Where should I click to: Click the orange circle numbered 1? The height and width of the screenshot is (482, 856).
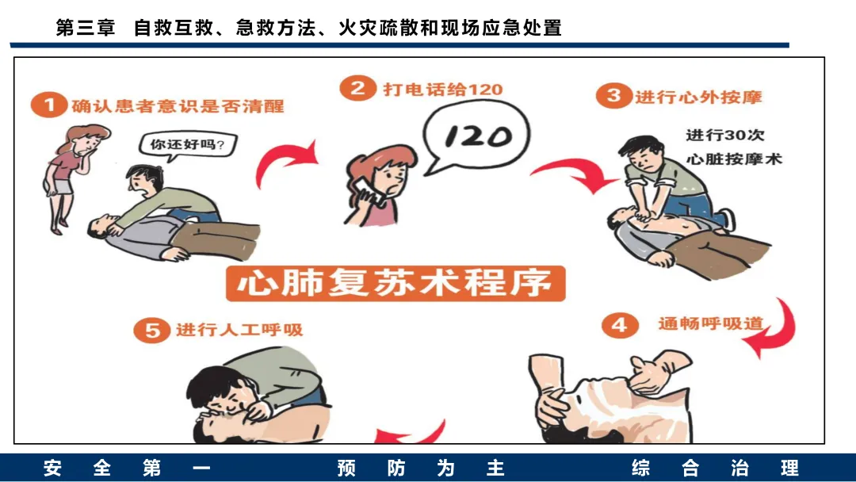coord(48,105)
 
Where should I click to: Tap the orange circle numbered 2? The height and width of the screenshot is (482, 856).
coord(357,88)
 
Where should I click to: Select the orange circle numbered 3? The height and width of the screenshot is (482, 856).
coord(613,95)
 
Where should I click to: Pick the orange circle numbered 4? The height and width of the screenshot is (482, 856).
coord(620,325)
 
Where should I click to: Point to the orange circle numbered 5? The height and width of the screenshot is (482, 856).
coord(151,331)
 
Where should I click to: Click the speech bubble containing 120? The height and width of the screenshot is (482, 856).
coord(475,138)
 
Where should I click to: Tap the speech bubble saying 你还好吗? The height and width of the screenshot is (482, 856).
coord(187,145)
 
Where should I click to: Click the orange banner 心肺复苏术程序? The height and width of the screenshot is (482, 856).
coord(396,283)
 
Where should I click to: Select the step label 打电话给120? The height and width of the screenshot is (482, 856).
coord(443,89)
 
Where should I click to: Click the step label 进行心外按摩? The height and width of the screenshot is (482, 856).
coord(697,97)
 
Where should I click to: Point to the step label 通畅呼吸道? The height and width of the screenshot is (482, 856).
coord(710,323)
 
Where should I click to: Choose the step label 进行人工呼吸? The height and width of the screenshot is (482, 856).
coord(239,330)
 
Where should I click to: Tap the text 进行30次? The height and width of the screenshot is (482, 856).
coord(725,135)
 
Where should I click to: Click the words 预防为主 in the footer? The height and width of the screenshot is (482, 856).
coord(420,468)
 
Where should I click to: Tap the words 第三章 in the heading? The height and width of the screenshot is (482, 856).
coord(85,27)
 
